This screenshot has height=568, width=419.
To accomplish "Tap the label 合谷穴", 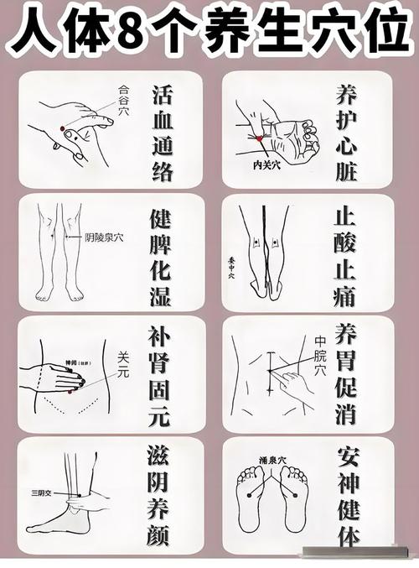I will [127, 88].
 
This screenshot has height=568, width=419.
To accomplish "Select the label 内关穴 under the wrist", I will [269, 165].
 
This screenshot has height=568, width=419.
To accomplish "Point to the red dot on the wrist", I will [261, 138].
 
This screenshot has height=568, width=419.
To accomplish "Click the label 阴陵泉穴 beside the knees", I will [104, 237].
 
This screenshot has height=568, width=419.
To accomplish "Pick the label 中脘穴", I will [320, 355].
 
